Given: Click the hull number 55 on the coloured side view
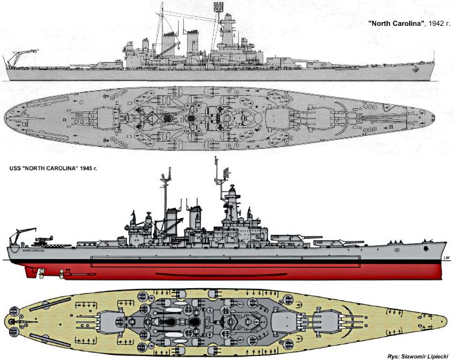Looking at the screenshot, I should click(396, 248).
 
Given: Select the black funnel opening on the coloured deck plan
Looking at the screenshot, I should click(194, 321).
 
